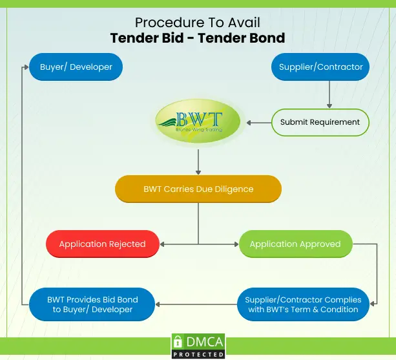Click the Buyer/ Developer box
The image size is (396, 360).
pyautogui.click(x=76, y=67)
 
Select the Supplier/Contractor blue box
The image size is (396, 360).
pyautogui.click(x=320, y=67)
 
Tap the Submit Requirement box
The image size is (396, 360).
pyautogui.click(x=320, y=122)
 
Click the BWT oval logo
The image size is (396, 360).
pyautogui.click(x=198, y=121)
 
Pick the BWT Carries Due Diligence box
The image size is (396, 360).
pyautogui.click(x=198, y=189)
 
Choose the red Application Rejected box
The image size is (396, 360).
pyautogui.click(x=102, y=244)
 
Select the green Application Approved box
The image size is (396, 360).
pyautogui.click(x=295, y=244)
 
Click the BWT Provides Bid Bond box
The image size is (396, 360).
pyautogui.click(x=92, y=304)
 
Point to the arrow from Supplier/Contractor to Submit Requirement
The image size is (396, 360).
pyautogui.click(x=329, y=94)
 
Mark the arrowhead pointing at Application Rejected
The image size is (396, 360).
pyautogui.click(x=163, y=244)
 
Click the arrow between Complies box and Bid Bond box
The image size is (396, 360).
pyautogui.click(x=197, y=304)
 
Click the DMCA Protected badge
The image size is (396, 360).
pyautogui.click(x=198, y=346)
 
